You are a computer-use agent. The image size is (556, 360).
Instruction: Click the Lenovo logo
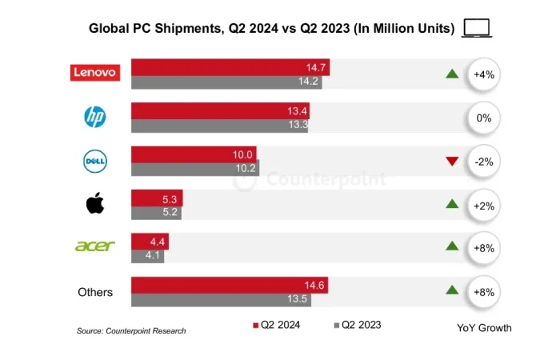coord(96,73)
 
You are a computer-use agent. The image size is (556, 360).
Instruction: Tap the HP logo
coord(95,118)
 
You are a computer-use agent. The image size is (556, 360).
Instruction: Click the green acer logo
coord(95,246)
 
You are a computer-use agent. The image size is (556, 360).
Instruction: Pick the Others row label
coord(95,292)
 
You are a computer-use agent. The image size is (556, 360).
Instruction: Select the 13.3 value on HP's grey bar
coord(295,126)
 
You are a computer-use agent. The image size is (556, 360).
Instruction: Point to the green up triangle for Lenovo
coord(452,74)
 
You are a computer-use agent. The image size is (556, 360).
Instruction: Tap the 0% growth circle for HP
coord(483,118)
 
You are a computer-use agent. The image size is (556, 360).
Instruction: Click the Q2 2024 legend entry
coord(278,325)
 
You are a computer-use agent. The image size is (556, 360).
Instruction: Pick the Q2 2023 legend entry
coord(358,325)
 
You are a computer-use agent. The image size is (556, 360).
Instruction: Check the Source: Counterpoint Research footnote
coord(131,330)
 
